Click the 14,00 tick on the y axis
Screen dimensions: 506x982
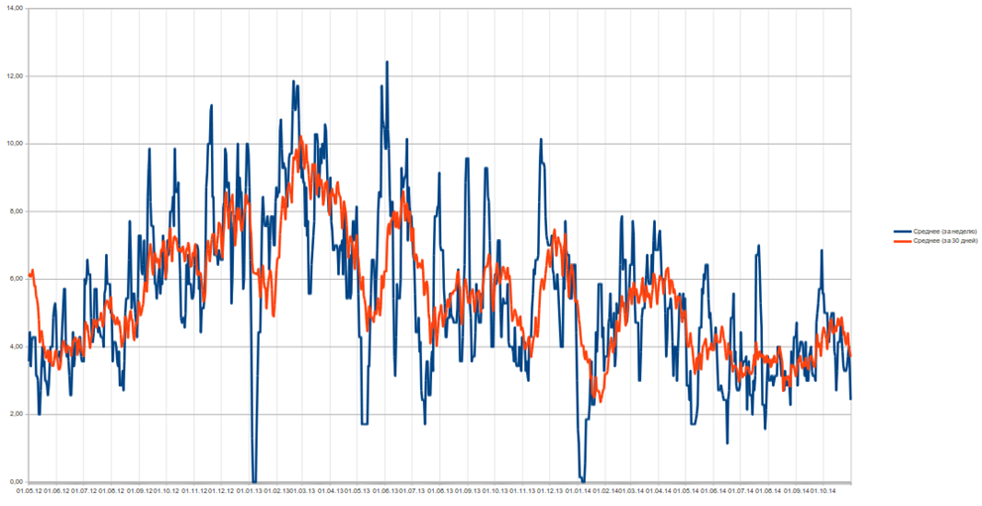click(13, 8)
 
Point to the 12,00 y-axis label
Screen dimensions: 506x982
click(13, 75)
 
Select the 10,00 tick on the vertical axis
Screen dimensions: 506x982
click(13, 143)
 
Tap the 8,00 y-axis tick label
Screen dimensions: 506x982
click(14, 210)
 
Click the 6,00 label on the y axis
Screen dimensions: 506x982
click(14, 278)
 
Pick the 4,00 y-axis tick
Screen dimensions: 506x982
click(14, 345)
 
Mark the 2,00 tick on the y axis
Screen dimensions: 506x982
click(14, 414)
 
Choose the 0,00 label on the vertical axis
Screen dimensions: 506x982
click(14, 481)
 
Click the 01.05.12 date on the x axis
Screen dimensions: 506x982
click(29, 490)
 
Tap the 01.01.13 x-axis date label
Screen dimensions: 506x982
click(249, 490)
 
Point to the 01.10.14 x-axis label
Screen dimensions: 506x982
click(824, 490)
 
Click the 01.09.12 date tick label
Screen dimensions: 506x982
click(140, 490)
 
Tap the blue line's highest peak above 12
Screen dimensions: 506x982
click(386, 63)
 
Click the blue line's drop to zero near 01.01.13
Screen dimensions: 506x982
click(254, 480)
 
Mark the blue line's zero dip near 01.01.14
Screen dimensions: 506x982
click(583, 480)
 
